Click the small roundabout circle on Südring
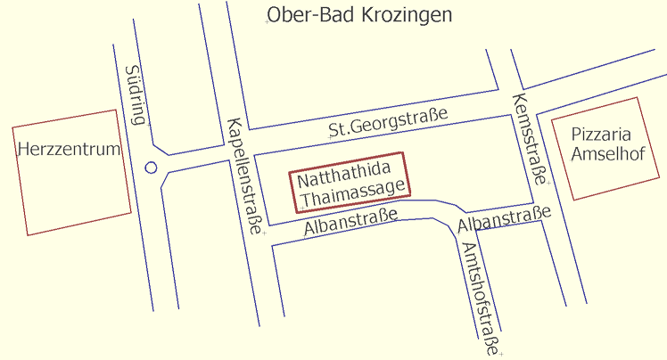tap(151, 167)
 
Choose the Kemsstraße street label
tap(527, 137)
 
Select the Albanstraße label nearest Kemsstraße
tap(504, 221)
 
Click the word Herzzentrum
tap(69, 150)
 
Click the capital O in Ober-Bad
tap(274, 15)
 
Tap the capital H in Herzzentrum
tap(23, 150)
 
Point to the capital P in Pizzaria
tap(576, 135)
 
